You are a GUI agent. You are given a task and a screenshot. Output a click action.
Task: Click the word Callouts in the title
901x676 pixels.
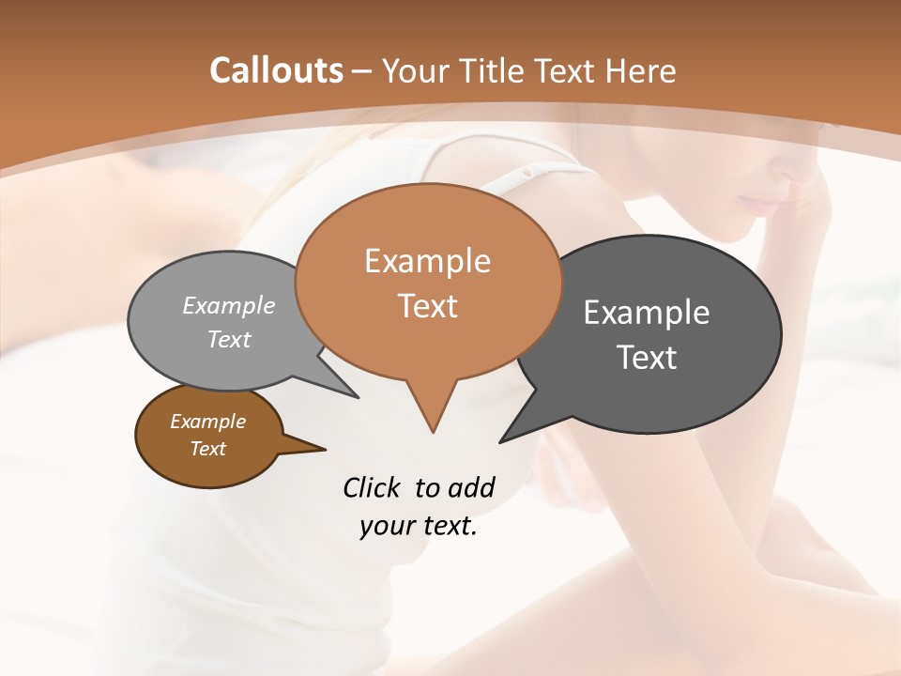click(x=276, y=70)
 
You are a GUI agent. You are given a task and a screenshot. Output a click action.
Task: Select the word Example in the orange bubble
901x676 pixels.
click(x=427, y=261)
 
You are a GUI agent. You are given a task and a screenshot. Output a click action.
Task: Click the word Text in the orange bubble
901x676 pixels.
click(x=427, y=306)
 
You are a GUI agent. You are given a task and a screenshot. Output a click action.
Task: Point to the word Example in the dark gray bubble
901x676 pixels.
click(x=646, y=312)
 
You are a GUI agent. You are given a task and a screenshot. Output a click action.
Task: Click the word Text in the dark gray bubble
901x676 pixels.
click(x=646, y=357)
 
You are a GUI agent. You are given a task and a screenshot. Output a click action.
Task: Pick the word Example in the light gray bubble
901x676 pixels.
click(x=229, y=305)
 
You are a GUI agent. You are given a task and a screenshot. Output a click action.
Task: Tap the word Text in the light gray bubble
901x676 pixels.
click(x=229, y=339)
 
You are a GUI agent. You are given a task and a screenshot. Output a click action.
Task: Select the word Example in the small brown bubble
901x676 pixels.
click(x=207, y=422)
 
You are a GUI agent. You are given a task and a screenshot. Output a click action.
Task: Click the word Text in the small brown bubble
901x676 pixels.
click(x=207, y=449)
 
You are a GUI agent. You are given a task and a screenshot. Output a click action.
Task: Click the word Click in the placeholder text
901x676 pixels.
click(x=373, y=487)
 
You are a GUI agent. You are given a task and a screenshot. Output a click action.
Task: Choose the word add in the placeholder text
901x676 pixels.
click(x=470, y=487)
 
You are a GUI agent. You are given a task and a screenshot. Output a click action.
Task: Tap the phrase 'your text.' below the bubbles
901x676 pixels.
click(x=419, y=526)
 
